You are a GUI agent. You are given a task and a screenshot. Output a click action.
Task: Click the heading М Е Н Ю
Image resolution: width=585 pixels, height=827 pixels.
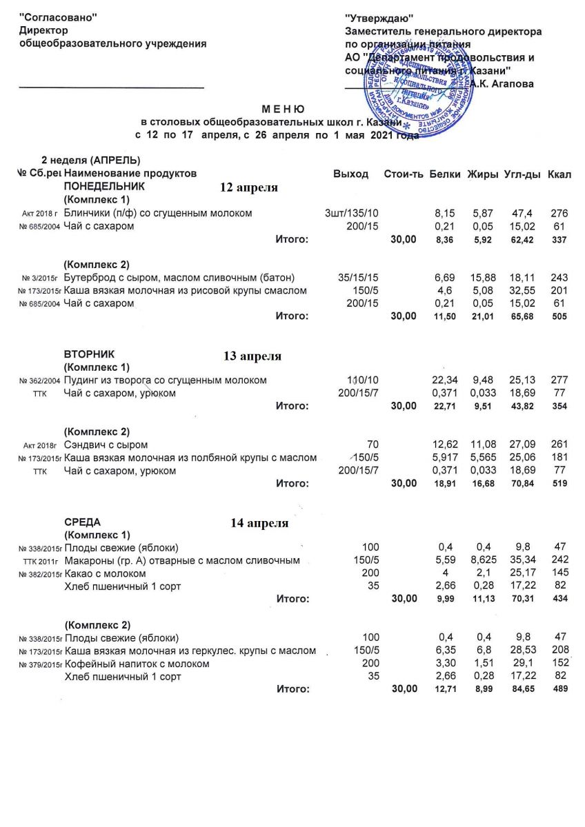(x=284, y=110)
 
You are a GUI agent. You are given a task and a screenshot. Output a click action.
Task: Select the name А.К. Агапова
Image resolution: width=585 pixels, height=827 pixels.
(x=503, y=83)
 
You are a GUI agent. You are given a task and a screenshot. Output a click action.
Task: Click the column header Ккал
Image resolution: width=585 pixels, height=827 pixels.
(x=559, y=174)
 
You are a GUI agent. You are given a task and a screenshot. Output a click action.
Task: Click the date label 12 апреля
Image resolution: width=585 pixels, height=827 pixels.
(x=249, y=187)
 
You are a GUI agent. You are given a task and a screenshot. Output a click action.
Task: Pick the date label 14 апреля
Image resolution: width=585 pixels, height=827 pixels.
(x=259, y=523)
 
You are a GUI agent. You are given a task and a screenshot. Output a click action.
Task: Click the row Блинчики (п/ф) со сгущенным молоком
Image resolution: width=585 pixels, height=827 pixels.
(x=158, y=213)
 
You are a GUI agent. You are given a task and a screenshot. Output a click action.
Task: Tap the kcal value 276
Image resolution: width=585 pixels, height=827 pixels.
(x=559, y=213)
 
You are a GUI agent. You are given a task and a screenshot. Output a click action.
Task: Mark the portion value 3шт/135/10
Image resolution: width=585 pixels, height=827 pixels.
(x=352, y=213)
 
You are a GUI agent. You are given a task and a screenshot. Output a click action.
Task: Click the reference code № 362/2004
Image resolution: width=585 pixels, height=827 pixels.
(x=40, y=381)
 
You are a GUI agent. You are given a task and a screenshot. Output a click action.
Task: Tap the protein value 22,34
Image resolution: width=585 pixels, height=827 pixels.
(x=445, y=380)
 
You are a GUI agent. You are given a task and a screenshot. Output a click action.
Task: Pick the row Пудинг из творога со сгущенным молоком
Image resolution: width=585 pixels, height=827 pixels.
(x=165, y=380)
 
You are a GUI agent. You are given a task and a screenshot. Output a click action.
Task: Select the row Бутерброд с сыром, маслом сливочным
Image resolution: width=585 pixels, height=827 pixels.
(x=179, y=278)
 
